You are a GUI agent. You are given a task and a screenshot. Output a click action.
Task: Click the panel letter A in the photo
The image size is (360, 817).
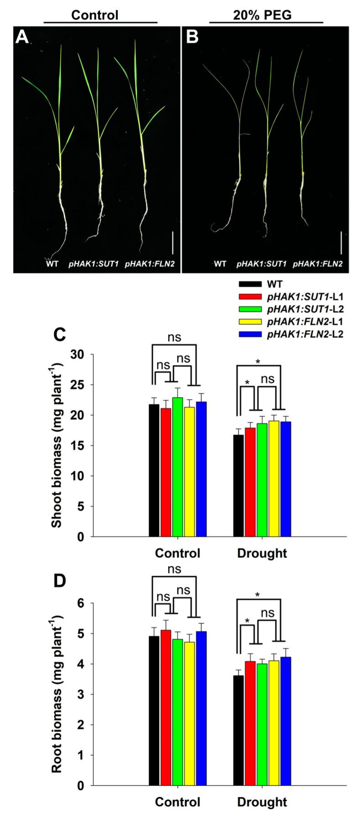[x=22, y=37]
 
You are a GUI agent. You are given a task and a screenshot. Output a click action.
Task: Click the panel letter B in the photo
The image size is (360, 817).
[x=192, y=37]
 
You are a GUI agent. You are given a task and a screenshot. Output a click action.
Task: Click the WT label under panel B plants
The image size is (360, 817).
[x=220, y=264]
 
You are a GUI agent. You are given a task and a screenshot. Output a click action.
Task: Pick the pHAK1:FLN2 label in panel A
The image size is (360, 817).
[x=146, y=264]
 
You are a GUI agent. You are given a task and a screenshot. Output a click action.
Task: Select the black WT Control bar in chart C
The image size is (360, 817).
[x=154, y=470]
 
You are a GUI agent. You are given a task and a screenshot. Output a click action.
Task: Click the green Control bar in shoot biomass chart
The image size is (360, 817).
[x=177, y=467]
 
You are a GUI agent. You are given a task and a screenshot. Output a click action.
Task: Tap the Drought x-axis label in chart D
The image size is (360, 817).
[x=262, y=802]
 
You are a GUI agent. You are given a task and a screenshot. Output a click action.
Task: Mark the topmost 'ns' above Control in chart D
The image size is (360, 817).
[x=174, y=569]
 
